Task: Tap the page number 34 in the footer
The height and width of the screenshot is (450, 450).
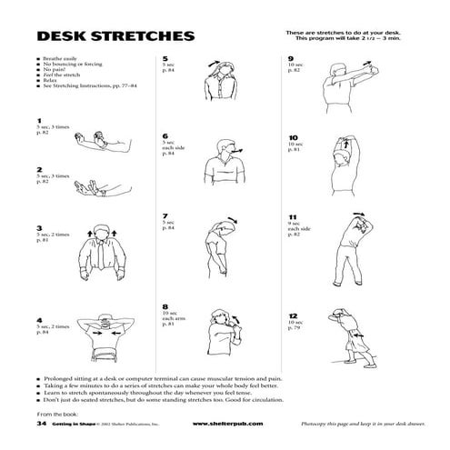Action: coord(41,424)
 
